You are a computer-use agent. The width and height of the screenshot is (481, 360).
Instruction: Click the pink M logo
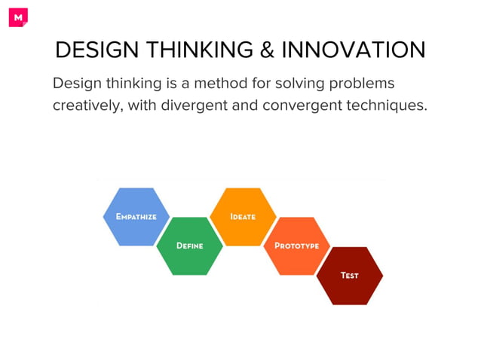click(18, 17)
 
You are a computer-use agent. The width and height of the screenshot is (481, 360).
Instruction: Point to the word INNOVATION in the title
click(354, 50)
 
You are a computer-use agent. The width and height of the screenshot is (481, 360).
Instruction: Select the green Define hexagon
click(190, 246)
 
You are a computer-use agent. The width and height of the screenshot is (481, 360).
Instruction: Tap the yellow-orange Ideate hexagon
click(243, 217)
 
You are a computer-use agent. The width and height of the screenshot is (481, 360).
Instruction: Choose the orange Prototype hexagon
click(296, 246)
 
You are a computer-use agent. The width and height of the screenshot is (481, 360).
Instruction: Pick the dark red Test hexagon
click(349, 276)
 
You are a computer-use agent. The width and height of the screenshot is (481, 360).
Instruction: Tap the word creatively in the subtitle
click(85, 105)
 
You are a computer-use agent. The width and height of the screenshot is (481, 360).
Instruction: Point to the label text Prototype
click(296, 246)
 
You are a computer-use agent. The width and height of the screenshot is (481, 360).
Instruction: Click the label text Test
click(349, 276)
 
